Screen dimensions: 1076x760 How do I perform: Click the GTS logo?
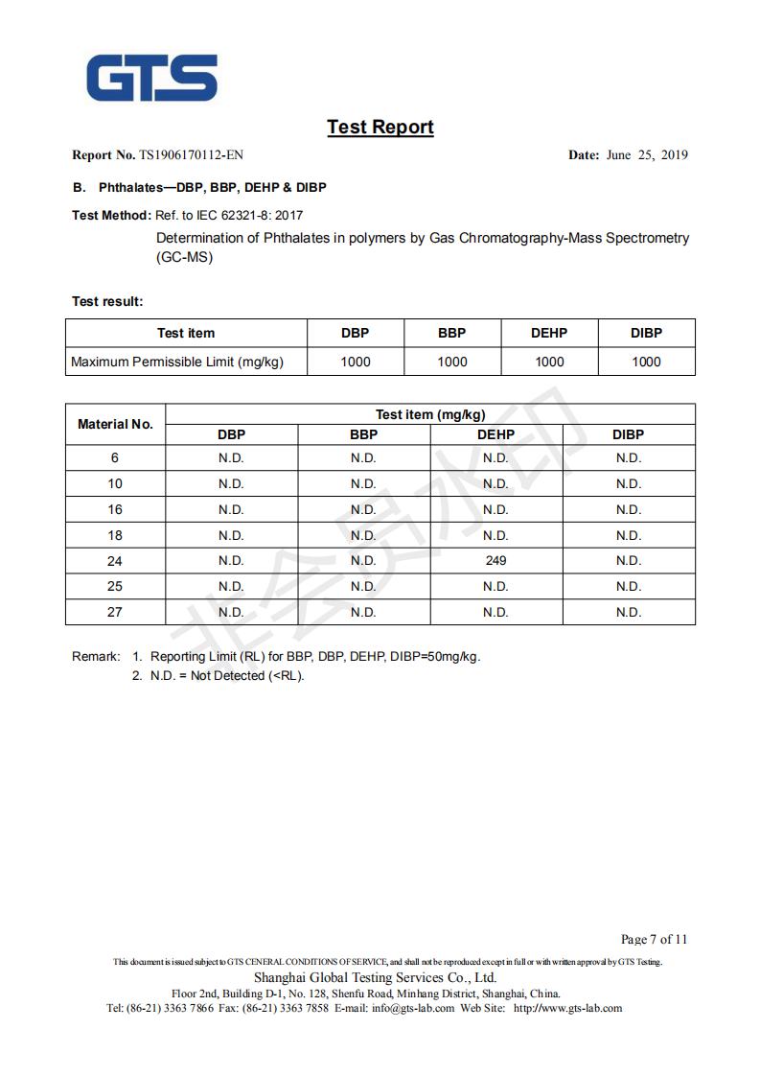tap(152, 77)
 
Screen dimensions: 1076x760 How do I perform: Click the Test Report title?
tap(380, 127)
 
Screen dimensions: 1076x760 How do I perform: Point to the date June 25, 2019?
tap(647, 155)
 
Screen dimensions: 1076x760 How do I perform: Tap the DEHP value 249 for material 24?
tap(495, 560)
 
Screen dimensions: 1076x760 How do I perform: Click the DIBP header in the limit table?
tap(646, 333)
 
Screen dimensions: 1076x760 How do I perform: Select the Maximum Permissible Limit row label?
tap(177, 362)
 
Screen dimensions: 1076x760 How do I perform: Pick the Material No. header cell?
tap(115, 424)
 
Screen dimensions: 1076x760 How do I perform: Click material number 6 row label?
tap(115, 457)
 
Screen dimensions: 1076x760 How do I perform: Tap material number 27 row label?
tap(115, 612)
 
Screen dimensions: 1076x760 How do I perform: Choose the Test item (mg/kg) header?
tap(430, 414)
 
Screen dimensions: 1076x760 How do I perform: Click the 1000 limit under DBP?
tap(355, 362)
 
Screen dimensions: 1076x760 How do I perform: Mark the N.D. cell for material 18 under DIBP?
tap(628, 535)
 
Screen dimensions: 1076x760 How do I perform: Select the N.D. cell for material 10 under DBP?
tap(231, 483)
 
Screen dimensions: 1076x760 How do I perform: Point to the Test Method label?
tap(111, 215)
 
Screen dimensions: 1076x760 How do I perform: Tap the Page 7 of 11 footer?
tap(654, 939)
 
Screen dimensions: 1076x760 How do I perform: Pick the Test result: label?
tap(107, 301)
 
